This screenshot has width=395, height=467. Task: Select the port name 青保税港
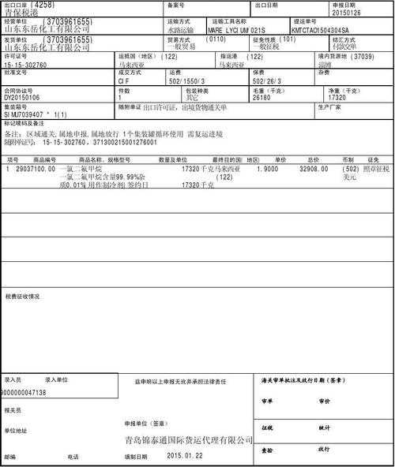pos(21,13)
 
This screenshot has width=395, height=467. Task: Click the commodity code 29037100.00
pos(34,169)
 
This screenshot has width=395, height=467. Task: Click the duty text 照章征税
pos(375,169)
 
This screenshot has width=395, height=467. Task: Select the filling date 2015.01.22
pos(184,456)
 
